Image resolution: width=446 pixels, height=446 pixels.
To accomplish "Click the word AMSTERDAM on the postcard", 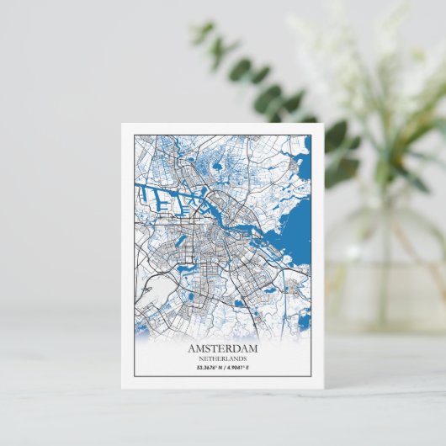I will pyautogui.click(x=223, y=348).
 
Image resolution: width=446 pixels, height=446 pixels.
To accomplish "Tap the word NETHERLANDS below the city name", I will pyautogui.click(x=223, y=358).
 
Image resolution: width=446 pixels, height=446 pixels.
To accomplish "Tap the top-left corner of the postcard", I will pyautogui.click(x=121, y=125).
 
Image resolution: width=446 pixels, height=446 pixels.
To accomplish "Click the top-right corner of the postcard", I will pyautogui.click(x=324, y=125).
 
